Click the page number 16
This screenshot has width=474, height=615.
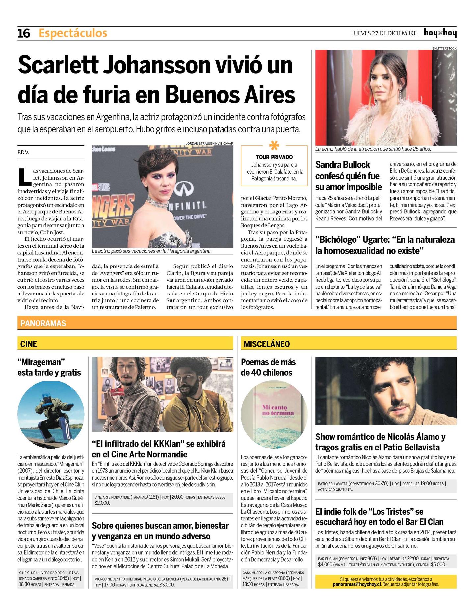(x=24, y=33)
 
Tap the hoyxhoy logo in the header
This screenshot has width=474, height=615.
(x=440, y=33)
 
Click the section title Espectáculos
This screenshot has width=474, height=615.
(x=73, y=33)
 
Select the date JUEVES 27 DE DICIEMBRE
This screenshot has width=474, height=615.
(x=384, y=33)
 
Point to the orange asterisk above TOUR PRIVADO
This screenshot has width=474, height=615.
(x=274, y=146)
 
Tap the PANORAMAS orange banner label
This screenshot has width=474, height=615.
(x=43, y=323)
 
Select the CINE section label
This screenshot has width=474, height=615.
(x=29, y=344)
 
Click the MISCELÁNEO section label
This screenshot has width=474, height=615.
(x=267, y=344)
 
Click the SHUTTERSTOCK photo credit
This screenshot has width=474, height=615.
(x=444, y=48)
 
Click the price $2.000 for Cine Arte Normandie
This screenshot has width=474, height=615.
(x=102, y=503)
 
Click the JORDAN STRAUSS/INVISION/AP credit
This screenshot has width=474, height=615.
(x=209, y=143)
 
